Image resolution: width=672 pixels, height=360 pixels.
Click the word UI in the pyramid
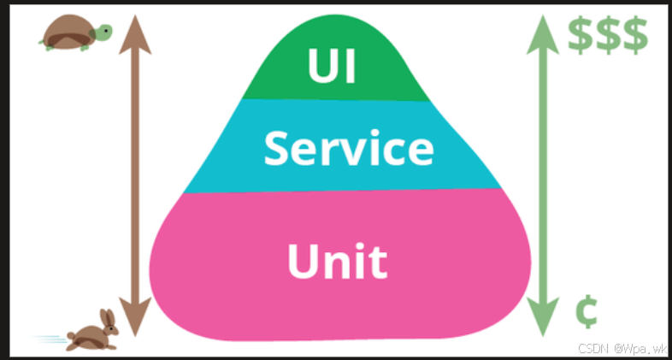click(x=332, y=68)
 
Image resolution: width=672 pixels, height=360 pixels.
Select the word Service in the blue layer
click(x=348, y=148)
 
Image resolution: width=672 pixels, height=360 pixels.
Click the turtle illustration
click(x=75, y=35)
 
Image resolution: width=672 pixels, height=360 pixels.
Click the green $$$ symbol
click(x=608, y=35)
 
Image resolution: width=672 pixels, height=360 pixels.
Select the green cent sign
click(x=585, y=312)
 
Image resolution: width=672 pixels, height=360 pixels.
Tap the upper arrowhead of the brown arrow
click(x=135, y=33)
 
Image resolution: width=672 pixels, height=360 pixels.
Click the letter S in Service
click(x=280, y=148)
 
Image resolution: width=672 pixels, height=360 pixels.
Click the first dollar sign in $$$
click(x=582, y=35)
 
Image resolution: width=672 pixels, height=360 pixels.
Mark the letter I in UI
click(x=351, y=68)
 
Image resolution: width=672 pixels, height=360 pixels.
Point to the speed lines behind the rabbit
click(x=50, y=340)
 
